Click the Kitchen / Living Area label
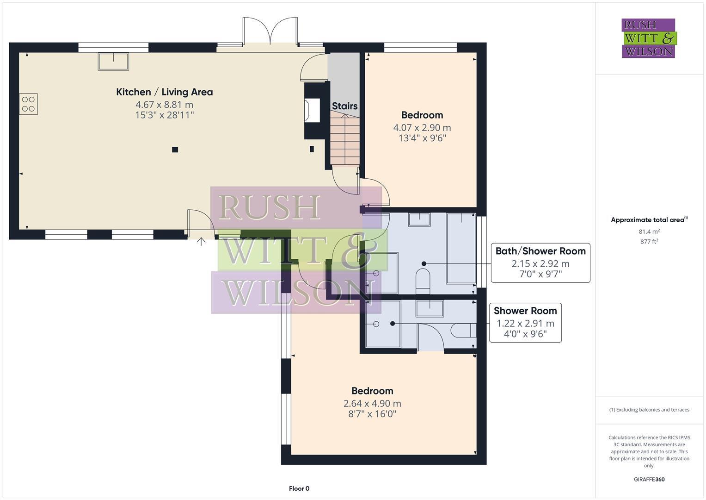[x=164, y=92]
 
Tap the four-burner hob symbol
[x=28, y=104]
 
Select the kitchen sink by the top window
[x=113, y=62]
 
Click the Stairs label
[x=344, y=106]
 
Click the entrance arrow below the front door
[x=201, y=241]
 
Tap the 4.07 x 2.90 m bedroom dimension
[x=422, y=128]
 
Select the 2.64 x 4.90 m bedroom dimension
[x=372, y=403]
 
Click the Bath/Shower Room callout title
[x=540, y=251]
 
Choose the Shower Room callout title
[x=525, y=311]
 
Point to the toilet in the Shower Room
[x=462, y=330]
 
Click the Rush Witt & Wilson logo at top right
[x=648, y=38]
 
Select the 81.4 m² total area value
[x=649, y=231]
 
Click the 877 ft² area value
[x=649, y=241]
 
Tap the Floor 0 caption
[x=299, y=488]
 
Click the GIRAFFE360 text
[x=649, y=479]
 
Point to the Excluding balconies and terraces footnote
[x=649, y=410]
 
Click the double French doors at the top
[x=270, y=32]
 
